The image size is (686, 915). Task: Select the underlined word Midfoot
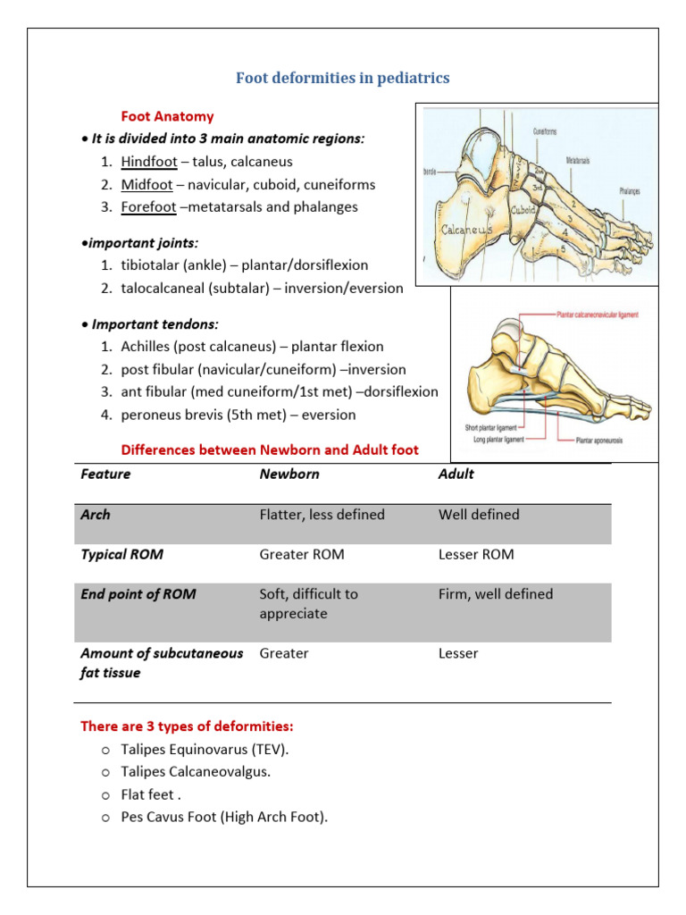click(146, 184)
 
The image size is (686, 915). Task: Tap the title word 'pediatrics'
click(415, 79)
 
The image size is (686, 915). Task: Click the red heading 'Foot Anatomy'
click(167, 116)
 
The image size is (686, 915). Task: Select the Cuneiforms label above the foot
click(545, 131)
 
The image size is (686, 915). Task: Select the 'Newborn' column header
click(289, 474)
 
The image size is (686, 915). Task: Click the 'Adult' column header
click(456, 474)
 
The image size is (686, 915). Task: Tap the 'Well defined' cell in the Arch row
click(478, 515)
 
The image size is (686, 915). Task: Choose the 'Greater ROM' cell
click(301, 554)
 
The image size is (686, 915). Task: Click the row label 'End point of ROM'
click(138, 594)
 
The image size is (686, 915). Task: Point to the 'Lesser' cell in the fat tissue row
click(458, 653)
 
